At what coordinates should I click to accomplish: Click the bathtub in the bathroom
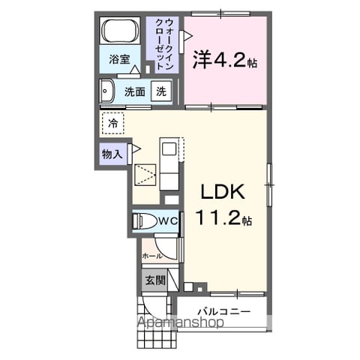point(119,31)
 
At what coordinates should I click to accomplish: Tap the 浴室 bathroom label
point(119,59)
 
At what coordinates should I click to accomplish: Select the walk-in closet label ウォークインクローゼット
point(164,44)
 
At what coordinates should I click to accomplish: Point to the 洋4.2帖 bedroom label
point(224,59)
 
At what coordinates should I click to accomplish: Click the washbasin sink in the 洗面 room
point(107,91)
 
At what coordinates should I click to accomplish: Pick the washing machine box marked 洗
point(161,91)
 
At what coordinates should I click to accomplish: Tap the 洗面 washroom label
point(135,92)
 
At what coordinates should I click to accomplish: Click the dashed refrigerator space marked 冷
point(113,123)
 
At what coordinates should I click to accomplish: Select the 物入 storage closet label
point(112,154)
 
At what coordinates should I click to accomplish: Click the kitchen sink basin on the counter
point(169,149)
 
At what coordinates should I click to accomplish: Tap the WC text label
point(169,220)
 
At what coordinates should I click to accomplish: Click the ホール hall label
point(152,256)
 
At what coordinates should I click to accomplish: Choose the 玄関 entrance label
point(155,280)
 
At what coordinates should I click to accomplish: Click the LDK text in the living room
point(223,192)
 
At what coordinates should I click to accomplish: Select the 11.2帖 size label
point(223,217)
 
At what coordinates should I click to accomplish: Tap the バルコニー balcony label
point(224,312)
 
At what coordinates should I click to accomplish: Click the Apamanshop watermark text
point(181,322)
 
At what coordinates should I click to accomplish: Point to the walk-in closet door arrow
point(188,36)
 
